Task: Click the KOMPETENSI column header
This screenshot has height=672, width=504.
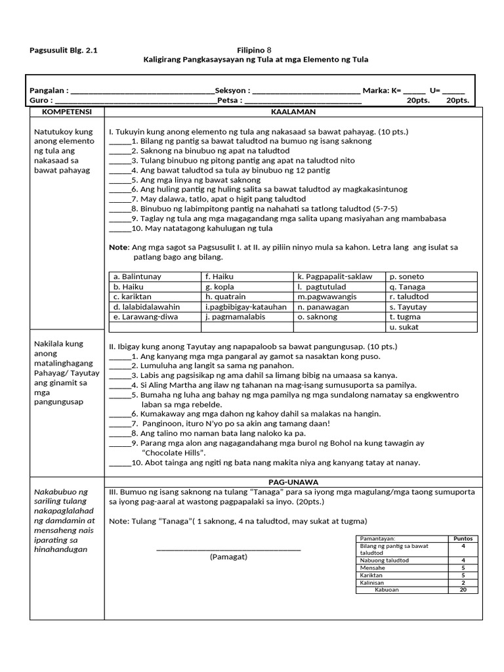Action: tap(63, 112)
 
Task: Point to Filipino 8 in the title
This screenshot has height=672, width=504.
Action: tap(253, 50)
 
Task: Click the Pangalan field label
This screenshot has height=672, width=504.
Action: tap(49, 91)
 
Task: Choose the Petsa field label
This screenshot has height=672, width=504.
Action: tap(230, 100)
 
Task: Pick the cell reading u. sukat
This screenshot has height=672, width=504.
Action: tap(404, 327)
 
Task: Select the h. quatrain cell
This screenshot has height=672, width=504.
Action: tap(225, 297)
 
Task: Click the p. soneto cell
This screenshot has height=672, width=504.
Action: tap(407, 277)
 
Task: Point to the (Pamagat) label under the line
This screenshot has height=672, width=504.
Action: tap(228, 556)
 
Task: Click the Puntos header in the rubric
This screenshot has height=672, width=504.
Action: tap(463, 538)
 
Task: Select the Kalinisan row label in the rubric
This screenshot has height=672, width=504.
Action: tap(371, 582)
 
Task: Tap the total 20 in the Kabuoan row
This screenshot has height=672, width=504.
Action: tap(463, 589)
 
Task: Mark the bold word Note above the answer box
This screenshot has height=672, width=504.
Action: tap(119, 247)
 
